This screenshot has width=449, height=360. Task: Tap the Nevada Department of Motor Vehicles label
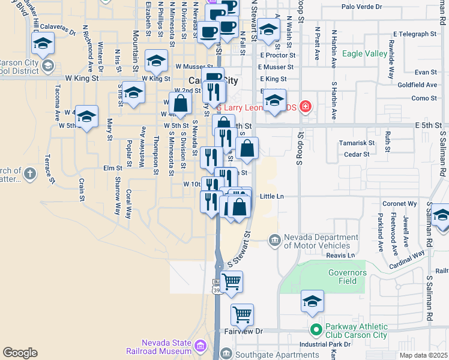(x=316, y=241)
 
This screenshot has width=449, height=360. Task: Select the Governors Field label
(x=347, y=277)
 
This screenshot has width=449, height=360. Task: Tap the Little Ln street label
(x=271, y=196)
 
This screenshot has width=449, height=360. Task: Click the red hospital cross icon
(x=306, y=107)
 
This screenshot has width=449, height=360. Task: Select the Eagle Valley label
(x=364, y=54)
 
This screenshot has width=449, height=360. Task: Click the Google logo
(x=20, y=353)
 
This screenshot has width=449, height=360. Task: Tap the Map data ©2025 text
(x=423, y=355)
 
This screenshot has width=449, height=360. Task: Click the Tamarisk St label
(x=357, y=143)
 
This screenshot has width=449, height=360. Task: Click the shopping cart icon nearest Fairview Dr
(x=242, y=313)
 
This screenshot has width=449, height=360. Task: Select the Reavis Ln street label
(x=340, y=255)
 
